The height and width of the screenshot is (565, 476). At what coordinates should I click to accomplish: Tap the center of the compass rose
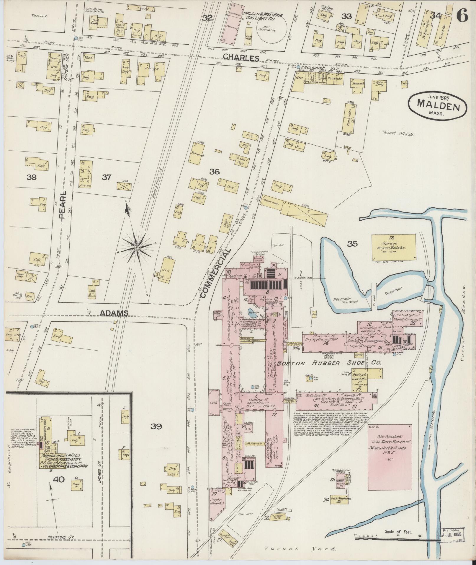[x=137, y=248]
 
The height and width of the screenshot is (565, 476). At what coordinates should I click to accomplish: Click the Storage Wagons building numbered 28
[x=393, y=248]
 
